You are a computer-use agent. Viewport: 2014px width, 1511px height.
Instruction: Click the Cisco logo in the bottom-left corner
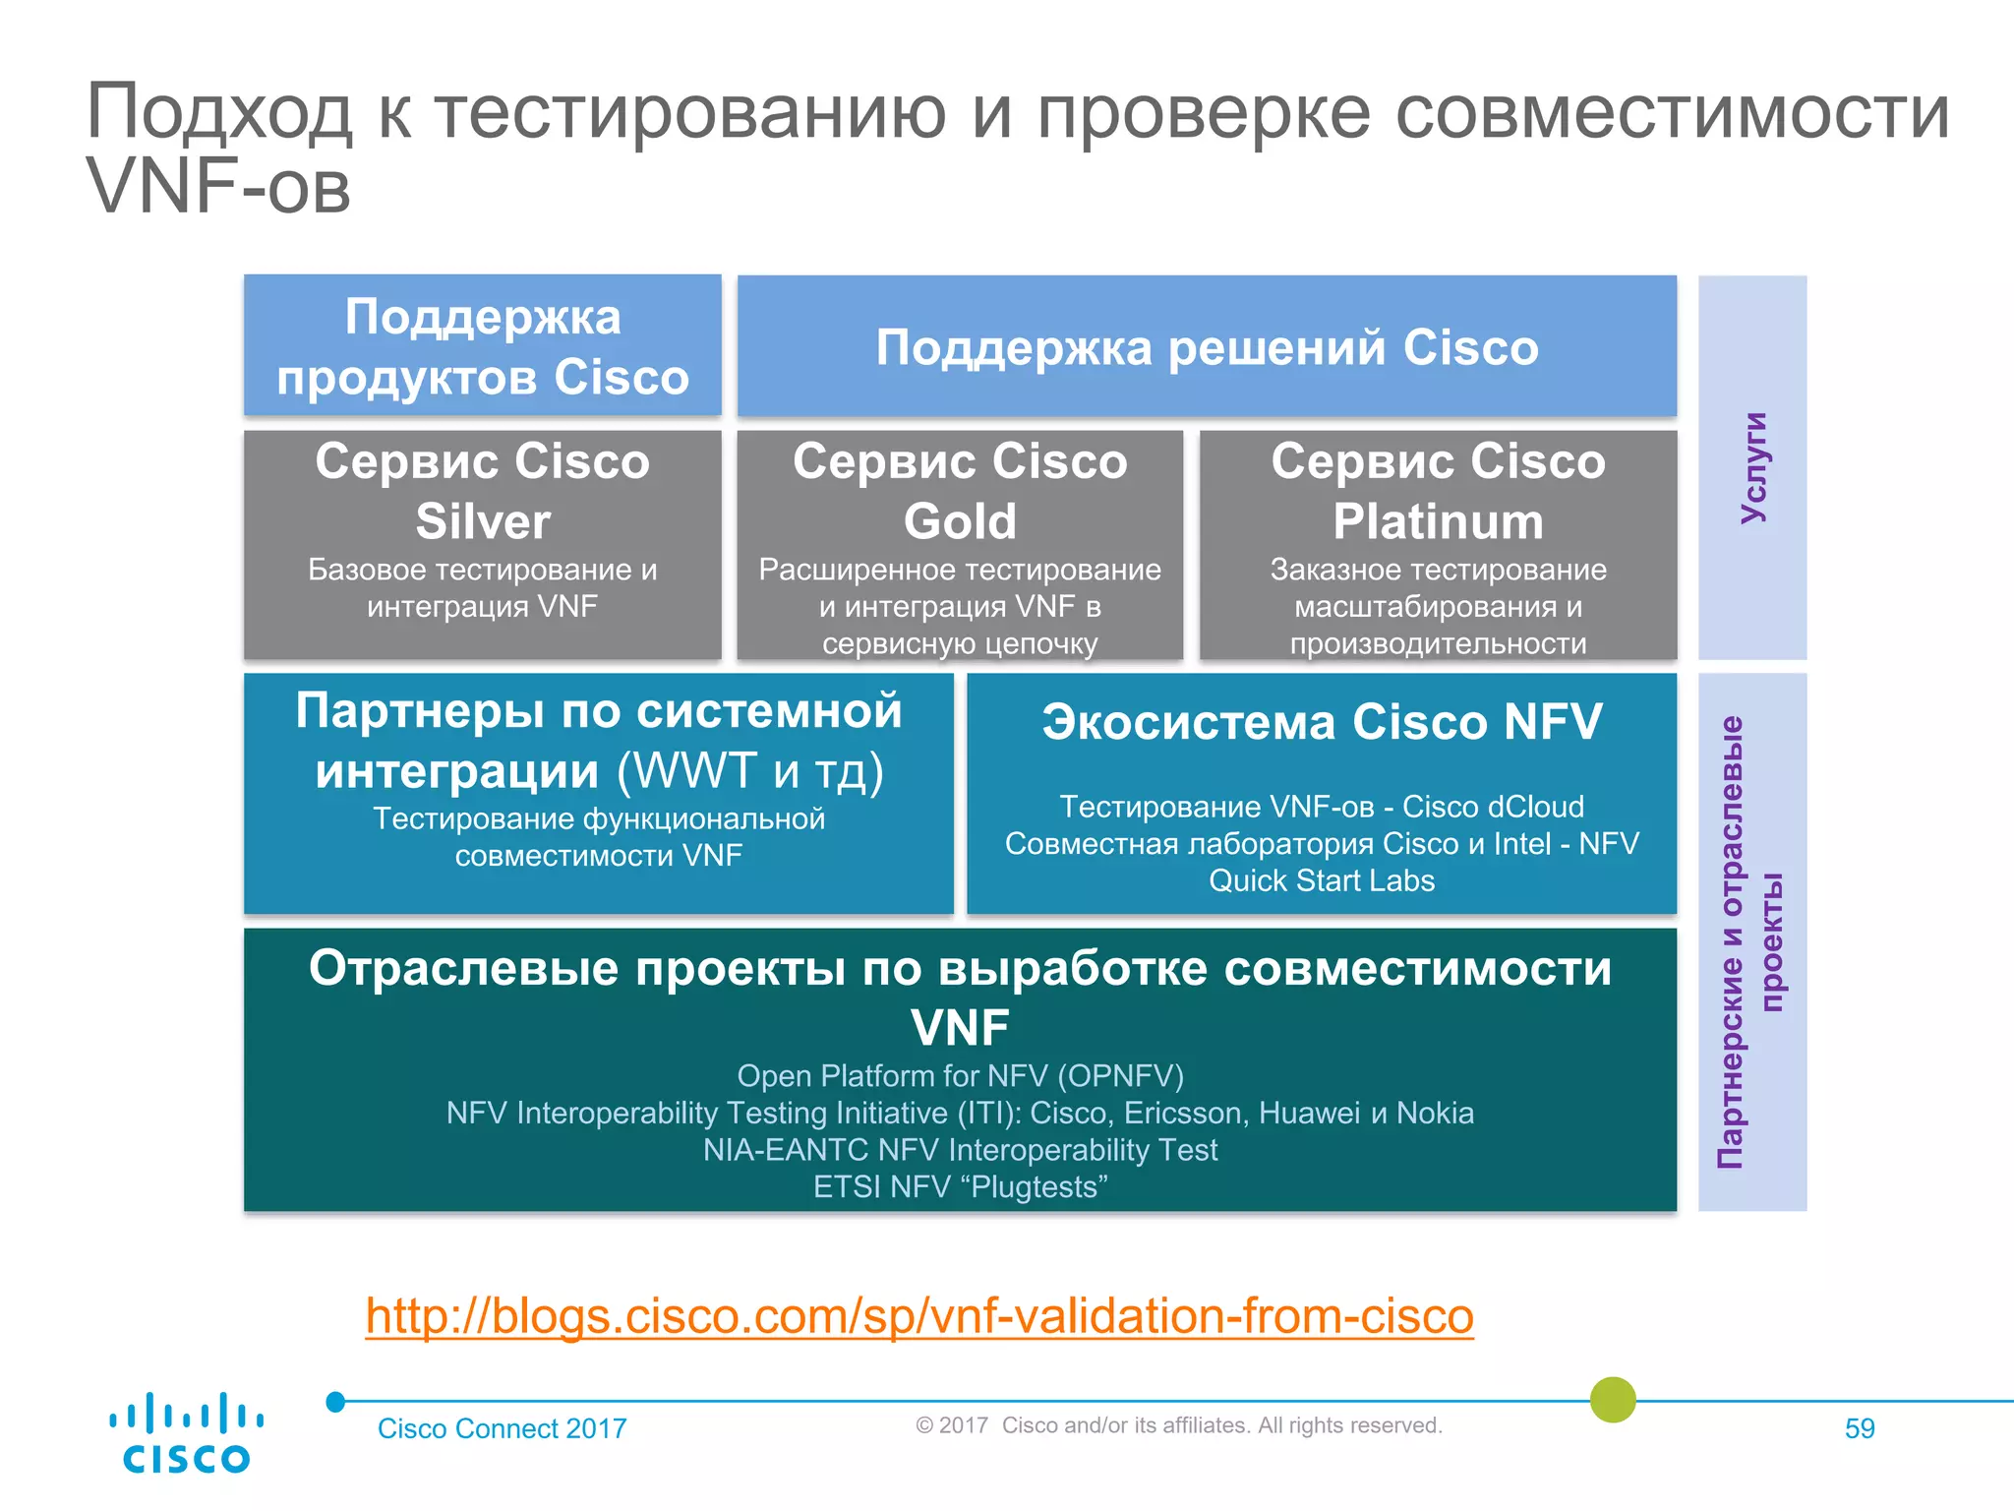pos(186,1432)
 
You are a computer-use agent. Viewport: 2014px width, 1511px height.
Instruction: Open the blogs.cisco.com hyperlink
pos(918,1316)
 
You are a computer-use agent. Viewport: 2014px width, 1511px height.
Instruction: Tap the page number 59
pos(1859,1428)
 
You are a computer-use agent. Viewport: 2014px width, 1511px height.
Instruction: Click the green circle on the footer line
pos(1613,1400)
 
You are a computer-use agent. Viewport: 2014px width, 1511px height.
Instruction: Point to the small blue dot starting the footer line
pos(335,1402)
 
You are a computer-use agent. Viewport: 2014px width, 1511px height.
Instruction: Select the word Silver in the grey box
pos(483,521)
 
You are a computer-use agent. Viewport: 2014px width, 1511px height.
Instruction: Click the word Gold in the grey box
pos(960,521)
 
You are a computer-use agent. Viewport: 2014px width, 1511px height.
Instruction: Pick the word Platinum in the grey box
pos(1438,521)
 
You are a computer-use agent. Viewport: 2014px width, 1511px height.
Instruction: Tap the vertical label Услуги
pos(1752,468)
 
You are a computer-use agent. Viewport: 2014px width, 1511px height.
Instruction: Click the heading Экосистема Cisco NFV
pos(1322,722)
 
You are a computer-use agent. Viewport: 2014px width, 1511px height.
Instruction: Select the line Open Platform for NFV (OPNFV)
pos(960,1076)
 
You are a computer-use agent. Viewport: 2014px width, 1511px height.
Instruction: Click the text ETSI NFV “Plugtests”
pos(960,1187)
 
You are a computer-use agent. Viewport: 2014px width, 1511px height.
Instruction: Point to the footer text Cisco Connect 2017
pos(502,1428)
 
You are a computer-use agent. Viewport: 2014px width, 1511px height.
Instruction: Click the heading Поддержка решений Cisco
pos(1207,347)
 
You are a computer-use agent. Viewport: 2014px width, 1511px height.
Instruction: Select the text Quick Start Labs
pos(1322,880)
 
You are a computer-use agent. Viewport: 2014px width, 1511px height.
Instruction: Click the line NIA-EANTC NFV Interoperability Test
pos(960,1150)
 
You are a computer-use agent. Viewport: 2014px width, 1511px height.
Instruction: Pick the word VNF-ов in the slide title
pos(218,187)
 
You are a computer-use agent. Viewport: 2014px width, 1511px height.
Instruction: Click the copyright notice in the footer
pos(1178,1425)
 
